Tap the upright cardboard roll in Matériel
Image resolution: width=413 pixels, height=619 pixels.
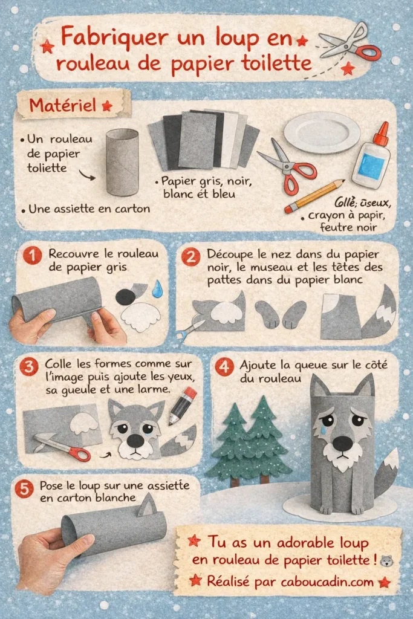[122, 161]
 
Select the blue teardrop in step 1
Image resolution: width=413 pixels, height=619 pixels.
[158, 289]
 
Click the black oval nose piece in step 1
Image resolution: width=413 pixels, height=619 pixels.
[125, 296]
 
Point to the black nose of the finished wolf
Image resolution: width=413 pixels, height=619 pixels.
[342, 443]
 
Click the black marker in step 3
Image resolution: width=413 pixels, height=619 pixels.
[183, 404]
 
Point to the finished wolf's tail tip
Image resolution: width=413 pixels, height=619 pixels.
[392, 458]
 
